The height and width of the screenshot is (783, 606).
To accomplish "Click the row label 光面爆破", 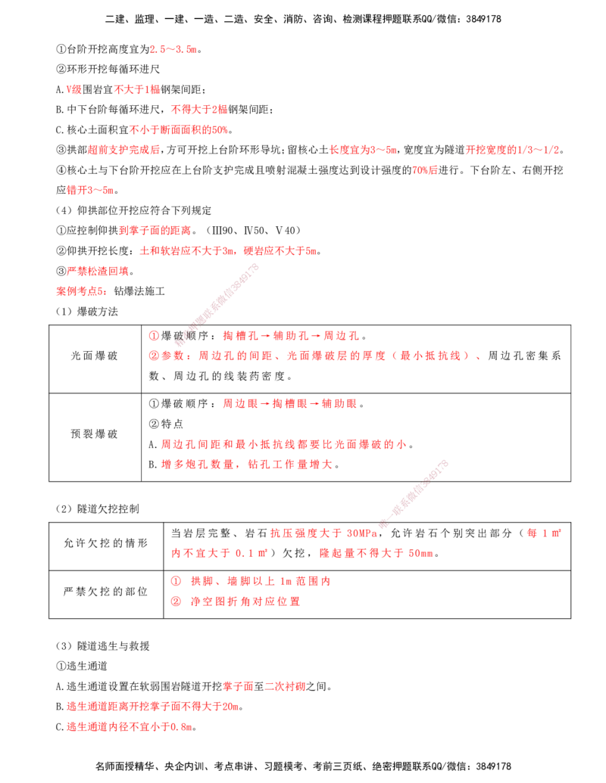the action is (x=95, y=356).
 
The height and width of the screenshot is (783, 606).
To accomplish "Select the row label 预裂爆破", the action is (x=95, y=433).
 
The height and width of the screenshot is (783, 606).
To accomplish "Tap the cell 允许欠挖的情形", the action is (x=106, y=543).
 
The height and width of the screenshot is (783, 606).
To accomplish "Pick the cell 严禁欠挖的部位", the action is (x=106, y=592).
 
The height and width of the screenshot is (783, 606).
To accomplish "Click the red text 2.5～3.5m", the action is (x=173, y=49).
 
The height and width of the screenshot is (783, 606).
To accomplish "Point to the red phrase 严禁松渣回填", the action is (x=98, y=271).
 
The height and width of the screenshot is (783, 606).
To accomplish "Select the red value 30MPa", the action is (x=361, y=533).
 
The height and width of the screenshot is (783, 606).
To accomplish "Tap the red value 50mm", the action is (x=421, y=553).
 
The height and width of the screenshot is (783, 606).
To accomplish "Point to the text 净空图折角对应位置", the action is (x=245, y=601).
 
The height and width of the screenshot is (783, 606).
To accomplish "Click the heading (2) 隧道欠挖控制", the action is (x=98, y=509).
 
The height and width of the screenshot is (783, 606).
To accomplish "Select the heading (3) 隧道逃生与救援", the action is (x=102, y=645).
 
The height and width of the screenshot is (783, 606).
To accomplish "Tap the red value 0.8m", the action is (x=181, y=726).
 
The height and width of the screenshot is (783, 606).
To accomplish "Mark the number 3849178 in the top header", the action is (x=483, y=19).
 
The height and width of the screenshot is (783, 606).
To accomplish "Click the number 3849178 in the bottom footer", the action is (x=493, y=766).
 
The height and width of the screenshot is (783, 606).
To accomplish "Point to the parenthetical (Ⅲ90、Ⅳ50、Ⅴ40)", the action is (x=254, y=230).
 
